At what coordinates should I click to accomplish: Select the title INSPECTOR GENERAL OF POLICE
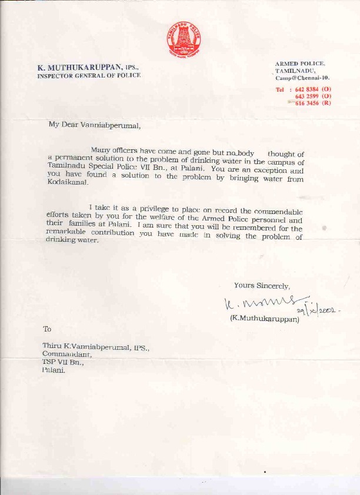pos(89,76)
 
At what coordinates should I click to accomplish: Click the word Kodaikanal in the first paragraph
pos(68,183)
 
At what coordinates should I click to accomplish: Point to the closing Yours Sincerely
pos(262,285)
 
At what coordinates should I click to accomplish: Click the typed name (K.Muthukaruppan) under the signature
pos(264,320)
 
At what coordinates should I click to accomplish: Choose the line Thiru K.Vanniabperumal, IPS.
pos(96,347)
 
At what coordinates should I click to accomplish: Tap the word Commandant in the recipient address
pos(66,355)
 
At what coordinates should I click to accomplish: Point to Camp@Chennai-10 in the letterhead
pos(302,78)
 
